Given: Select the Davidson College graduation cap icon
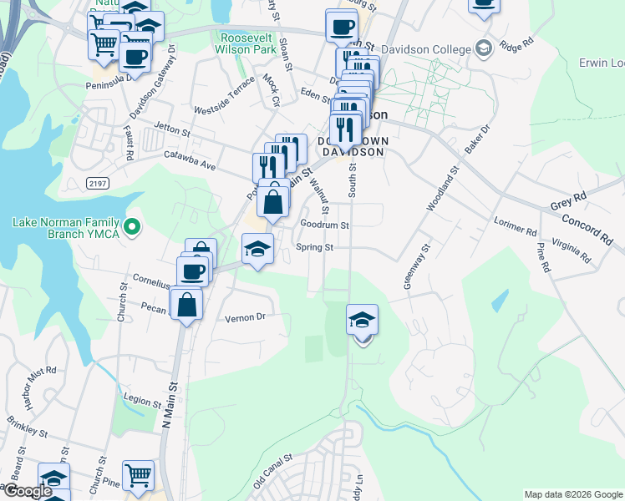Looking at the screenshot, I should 483,48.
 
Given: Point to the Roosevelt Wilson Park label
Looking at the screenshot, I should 248,43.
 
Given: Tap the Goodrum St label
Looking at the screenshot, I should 324,225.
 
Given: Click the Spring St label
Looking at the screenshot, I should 315,247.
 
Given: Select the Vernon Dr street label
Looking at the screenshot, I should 245,317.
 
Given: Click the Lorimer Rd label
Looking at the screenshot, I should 515,226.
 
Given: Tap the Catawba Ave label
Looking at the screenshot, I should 190,160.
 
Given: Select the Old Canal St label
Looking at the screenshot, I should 272,472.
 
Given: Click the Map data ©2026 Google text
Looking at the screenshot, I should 573,494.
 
